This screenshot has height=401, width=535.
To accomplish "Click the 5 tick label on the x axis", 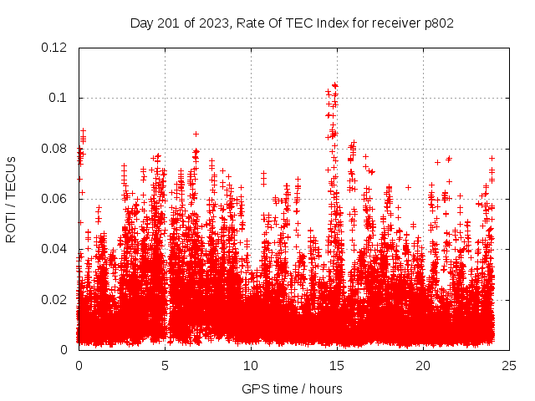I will pyautogui.click(x=165, y=365).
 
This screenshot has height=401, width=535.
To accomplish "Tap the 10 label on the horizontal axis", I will pyautogui.click(x=251, y=365).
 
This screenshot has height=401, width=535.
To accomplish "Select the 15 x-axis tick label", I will pyautogui.click(x=337, y=365).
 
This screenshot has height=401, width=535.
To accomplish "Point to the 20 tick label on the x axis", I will pyautogui.click(x=423, y=365).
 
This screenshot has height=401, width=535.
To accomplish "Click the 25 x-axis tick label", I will pyautogui.click(x=509, y=365).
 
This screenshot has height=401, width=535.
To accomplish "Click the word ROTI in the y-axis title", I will pyautogui.click(x=11, y=227).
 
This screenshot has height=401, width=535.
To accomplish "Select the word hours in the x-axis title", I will pyautogui.click(x=325, y=388).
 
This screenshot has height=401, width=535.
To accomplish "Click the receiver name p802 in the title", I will pyautogui.click(x=438, y=23).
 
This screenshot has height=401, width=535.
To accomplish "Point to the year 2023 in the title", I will pyautogui.click(x=213, y=23).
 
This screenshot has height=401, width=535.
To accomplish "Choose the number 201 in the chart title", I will pyautogui.click(x=167, y=23).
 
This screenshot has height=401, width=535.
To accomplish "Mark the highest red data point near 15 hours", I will pyautogui.click(x=334, y=84).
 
